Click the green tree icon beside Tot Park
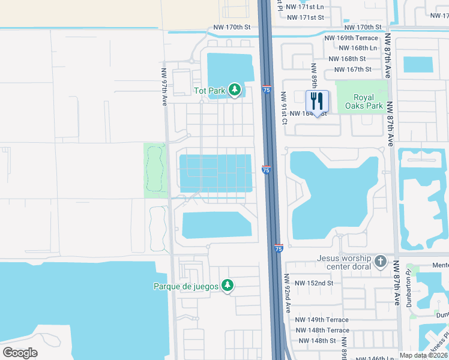tap(235, 91)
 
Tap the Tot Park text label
tap(209, 91)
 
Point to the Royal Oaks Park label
tap(364, 101)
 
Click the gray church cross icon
tap(380, 262)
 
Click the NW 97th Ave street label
tap(164, 86)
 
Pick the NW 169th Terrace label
tap(351, 38)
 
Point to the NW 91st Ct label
tap(284, 108)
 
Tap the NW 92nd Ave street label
tap(288, 293)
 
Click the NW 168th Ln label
tap(358, 48)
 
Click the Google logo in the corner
tap(20, 352)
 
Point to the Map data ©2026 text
tap(423, 355)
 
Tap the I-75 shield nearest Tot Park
tap(266, 90)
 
